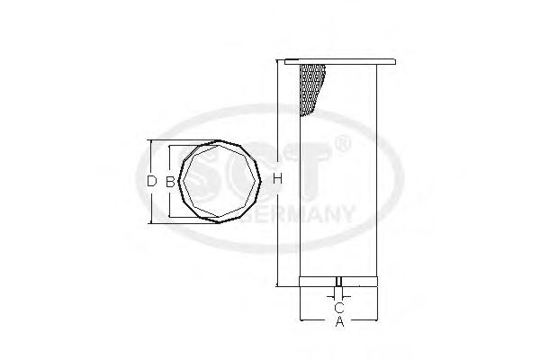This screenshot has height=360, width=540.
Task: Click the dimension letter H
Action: [278, 181]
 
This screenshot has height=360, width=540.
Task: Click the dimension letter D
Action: [150, 181]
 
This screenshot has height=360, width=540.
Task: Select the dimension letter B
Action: [168, 181]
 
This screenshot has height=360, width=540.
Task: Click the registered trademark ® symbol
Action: [342, 144]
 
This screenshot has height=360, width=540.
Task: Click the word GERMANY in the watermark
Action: [306, 216]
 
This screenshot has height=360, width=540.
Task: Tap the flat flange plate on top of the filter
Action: [338, 61]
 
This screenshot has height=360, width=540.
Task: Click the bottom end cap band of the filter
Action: [338, 277]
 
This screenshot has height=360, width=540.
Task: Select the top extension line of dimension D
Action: [180, 140]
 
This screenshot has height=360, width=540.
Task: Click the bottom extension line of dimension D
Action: [180, 221]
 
